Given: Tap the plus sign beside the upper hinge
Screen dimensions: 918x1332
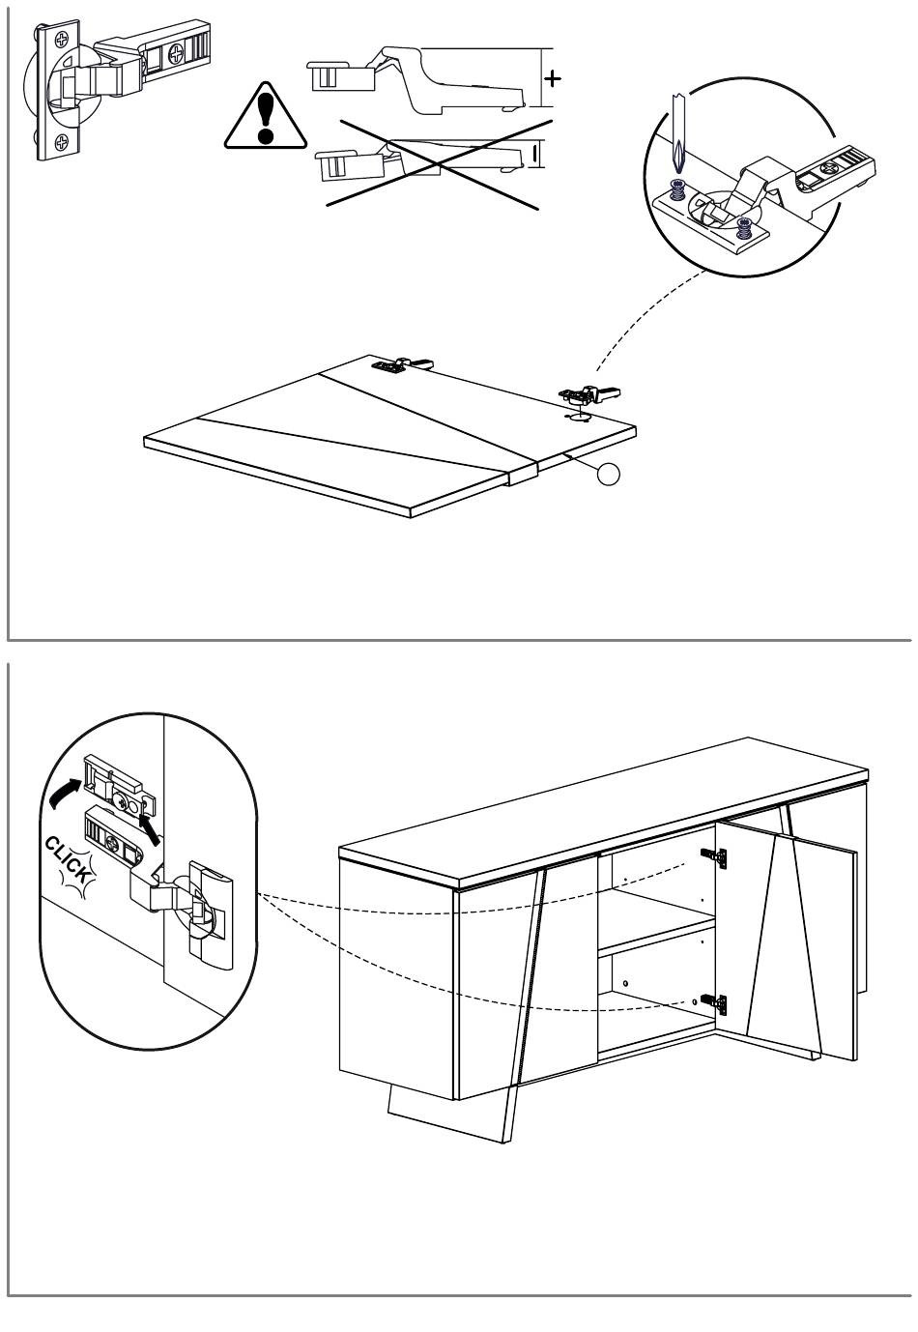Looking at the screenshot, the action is click(552, 77).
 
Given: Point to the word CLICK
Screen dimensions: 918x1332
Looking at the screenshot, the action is click(70, 858).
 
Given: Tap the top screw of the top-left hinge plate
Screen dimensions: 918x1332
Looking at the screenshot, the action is click(62, 40).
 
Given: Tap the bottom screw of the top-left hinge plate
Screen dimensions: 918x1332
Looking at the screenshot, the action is click(62, 143).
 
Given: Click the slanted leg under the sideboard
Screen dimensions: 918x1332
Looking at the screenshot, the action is click(445, 1116).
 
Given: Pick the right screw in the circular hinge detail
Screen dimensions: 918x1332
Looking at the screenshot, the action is click(744, 228).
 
